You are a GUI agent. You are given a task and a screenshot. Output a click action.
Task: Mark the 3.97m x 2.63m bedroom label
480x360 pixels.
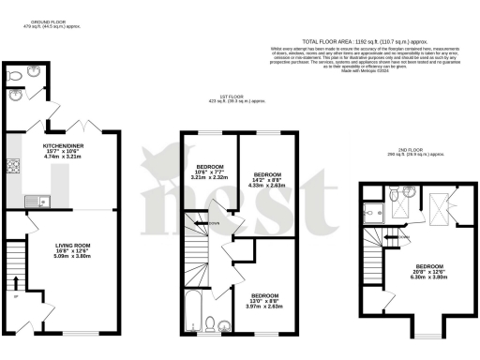pyautogui.click(x=263, y=305)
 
